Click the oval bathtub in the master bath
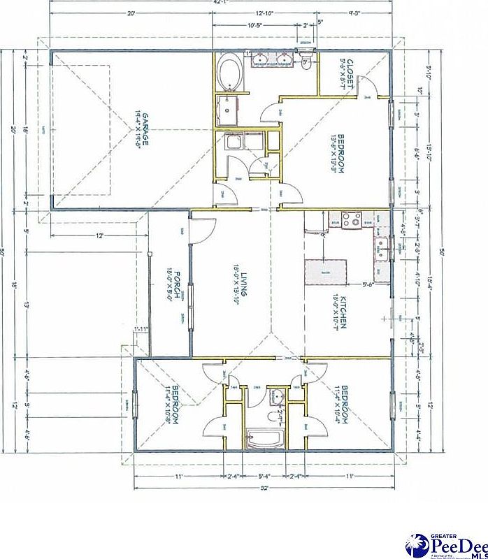[229, 73]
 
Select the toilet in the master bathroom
[306, 65]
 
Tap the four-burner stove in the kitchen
[353, 220]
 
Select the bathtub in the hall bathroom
[264, 440]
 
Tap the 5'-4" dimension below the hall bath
[264, 476]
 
